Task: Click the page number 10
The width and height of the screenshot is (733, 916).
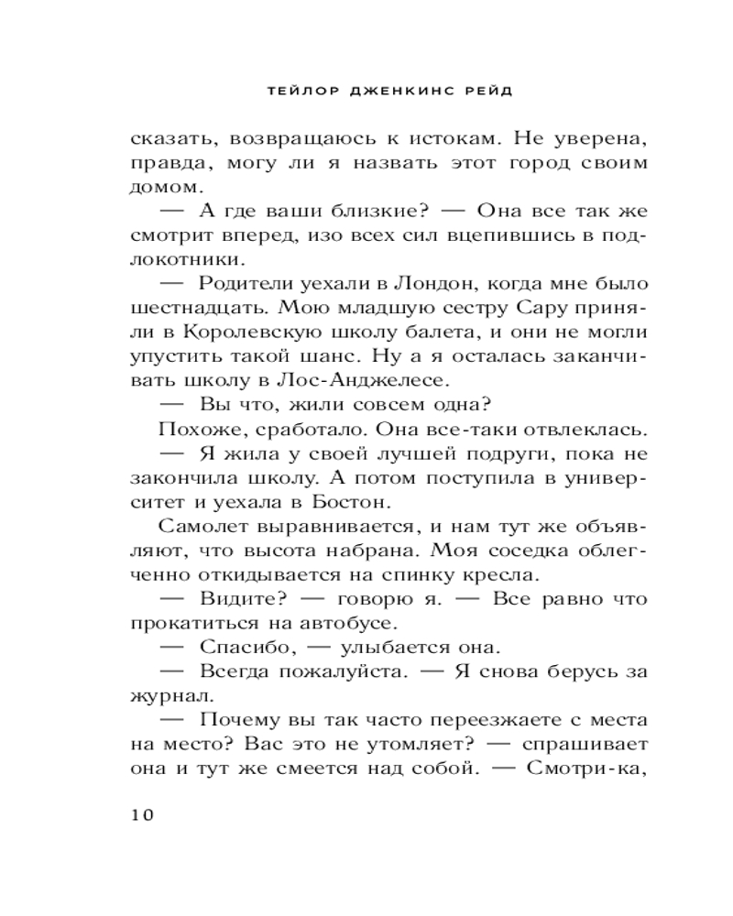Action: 146,814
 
